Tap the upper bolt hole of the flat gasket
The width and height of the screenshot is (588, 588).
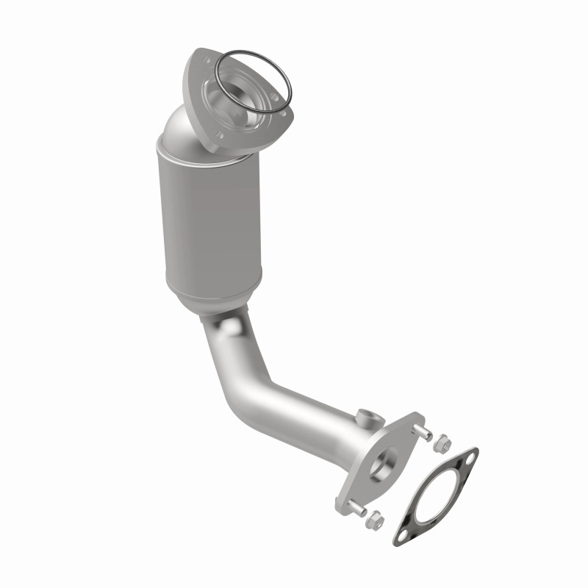pos(470,457)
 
